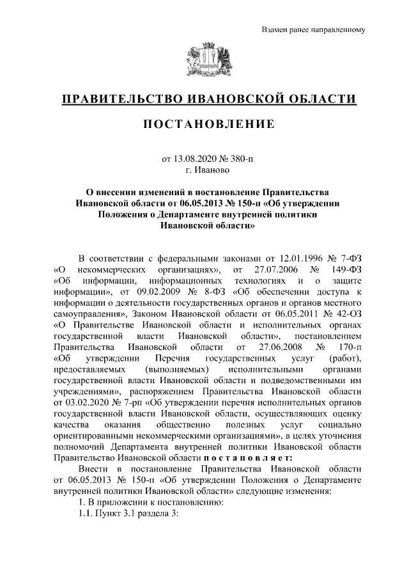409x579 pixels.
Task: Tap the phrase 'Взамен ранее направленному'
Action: (313, 30)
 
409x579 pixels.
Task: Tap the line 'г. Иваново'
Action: (204, 170)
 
